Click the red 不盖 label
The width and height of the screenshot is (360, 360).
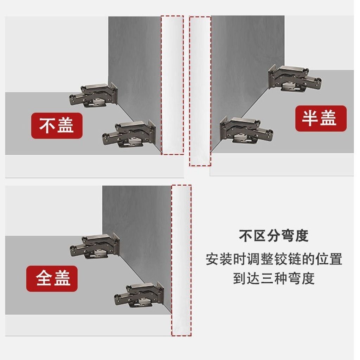[x=57, y=126]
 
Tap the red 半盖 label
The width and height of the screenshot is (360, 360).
[x=321, y=118]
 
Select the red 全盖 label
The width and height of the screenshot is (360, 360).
[x=52, y=278]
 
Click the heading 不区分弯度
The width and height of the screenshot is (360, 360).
[x=274, y=236]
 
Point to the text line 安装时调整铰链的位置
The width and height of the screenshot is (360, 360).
[x=274, y=259]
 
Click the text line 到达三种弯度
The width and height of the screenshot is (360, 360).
[x=274, y=278]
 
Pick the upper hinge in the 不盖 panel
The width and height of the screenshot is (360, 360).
[x=94, y=95]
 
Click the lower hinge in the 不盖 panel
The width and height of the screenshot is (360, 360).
[x=129, y=134]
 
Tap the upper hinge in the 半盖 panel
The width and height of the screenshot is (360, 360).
[x=295, y=78]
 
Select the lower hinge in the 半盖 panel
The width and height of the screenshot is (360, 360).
[x=246, y=130]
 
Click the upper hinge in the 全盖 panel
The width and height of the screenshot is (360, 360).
[x=95, y=246]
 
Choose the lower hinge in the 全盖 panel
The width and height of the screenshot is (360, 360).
[x=139, y=295]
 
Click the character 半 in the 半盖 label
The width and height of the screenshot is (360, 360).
[x=310, y=118]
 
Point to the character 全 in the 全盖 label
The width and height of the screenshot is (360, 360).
[x=44, y=278]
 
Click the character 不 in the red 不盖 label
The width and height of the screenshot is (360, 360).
[x=47, y=126]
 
